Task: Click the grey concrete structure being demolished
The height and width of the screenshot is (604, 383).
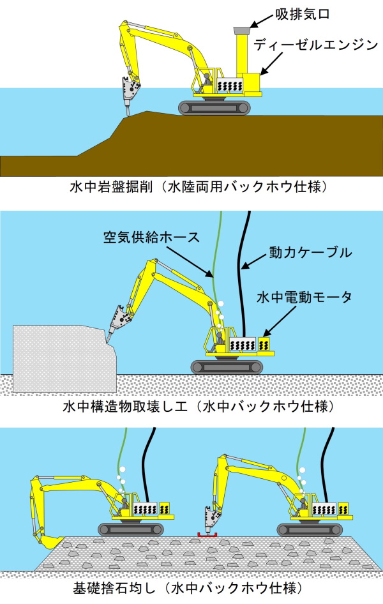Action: [54, 358]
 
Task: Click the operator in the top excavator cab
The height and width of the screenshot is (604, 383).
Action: [206, 82]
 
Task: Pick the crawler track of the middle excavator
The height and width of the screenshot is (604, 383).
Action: [227, 366]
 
